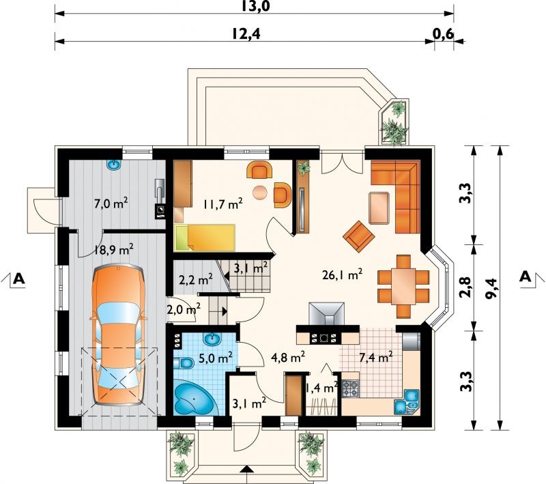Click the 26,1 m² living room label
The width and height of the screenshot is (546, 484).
coord(343,274)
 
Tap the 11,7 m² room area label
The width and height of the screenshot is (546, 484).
coord(223,204)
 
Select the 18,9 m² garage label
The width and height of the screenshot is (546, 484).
coord(114,249)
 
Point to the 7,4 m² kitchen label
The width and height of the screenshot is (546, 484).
coord(376,357)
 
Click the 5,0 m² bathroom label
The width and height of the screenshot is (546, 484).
coord(216,358)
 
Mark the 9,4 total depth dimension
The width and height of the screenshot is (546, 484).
coord(491,288)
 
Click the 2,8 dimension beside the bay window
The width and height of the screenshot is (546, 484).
coord(466,286)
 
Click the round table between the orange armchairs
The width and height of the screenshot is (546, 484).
coord(261,193)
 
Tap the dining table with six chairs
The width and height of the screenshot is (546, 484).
coord(403,286)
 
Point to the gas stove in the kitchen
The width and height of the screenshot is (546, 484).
coord(350,388)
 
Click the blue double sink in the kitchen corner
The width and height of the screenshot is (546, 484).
coord(407,402)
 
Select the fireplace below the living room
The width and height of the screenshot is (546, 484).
coord(327,314)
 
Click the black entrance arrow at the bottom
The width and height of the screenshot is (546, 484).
coord(246,469)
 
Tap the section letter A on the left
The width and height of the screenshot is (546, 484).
coord(19,279)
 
